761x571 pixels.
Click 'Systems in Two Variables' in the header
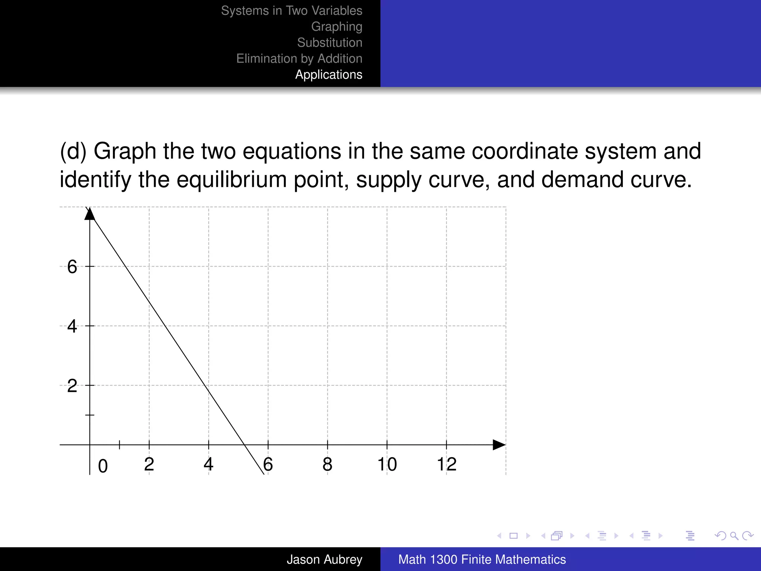point(291,11)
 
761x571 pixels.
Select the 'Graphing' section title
point(336,27)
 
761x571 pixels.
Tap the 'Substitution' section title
point(329,43)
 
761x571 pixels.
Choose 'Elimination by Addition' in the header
point(299,59)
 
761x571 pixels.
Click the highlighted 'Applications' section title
point(328,75)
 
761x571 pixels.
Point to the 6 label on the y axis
point(72,267)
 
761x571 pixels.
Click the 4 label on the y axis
point(72,326)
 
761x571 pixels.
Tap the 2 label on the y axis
point(72,386)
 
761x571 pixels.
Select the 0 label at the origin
point(103,466)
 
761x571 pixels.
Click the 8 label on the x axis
point(327,464)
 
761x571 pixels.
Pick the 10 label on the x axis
point(387,464)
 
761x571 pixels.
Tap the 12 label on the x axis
point(446,464)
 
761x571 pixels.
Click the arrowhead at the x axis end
point(499,445)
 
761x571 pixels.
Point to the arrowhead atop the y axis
point(90,214)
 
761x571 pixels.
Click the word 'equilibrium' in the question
point(231,180)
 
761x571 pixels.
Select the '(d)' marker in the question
point(73,151)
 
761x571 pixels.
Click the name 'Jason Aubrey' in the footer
point(324,559)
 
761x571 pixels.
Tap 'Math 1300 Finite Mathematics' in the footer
point(482,559)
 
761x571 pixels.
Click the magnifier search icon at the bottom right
point(734,536)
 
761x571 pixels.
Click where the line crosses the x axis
point(245,445)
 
